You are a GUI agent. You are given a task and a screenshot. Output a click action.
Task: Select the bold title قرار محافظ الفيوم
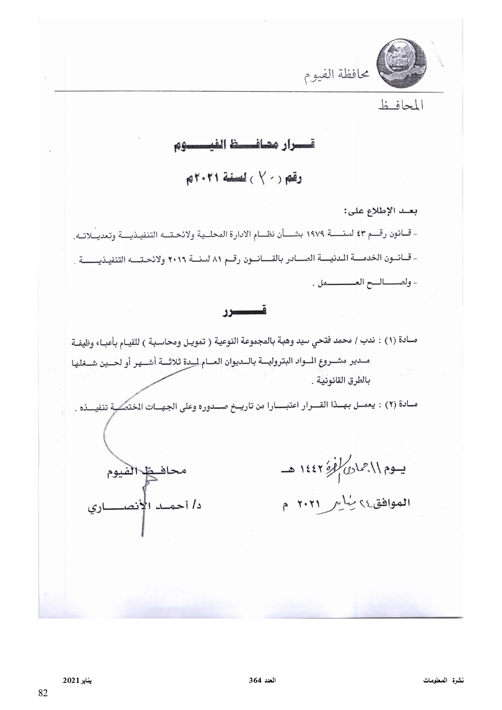pyautogui.click(x=243, y=146)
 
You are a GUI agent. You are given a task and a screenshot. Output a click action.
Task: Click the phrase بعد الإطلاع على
pyautogui.click(x=381, y=211)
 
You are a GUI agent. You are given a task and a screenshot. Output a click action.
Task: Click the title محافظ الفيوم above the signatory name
pyautogui.click(x=146, y=471)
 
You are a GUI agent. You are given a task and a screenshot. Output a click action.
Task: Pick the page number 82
pyautogui.click(x=43, y=693)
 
